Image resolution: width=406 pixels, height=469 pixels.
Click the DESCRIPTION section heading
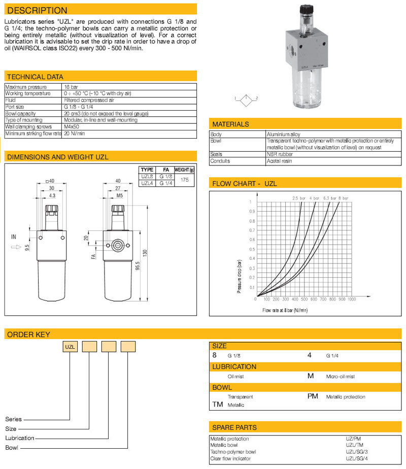[38, 10]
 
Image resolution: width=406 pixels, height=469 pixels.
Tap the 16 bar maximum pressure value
[71, 87]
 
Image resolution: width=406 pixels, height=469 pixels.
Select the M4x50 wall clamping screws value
[72, 126]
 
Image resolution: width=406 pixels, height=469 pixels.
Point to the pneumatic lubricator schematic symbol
[246, 98]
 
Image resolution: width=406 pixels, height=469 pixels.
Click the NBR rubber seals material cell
[279, 154]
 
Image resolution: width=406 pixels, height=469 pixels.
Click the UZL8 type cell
[146, 177]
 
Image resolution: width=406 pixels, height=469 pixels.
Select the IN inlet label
[14, 237]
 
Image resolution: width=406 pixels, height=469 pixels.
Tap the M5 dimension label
[119, 194]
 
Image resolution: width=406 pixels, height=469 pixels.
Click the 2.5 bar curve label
[298, 197]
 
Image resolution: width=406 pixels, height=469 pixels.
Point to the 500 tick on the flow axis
[304, 299]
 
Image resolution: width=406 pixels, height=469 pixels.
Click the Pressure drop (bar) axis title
[239, 277]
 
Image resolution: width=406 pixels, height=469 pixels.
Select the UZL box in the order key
[70, 347]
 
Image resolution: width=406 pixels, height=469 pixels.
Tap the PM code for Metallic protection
[313, 396]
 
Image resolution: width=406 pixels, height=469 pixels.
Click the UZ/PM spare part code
[354, 439]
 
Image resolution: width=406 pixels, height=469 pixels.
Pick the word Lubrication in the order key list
[20, 438]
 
